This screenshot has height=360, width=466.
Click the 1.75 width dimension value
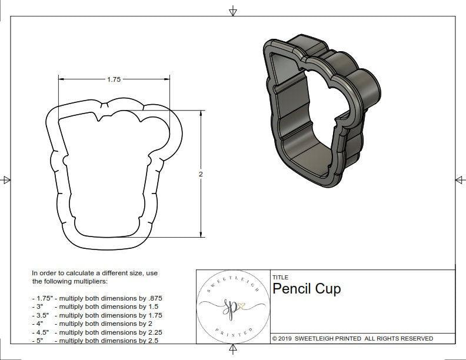(114, 80)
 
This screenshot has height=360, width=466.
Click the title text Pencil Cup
(306, 289)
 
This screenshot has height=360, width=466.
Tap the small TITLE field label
(280, 277)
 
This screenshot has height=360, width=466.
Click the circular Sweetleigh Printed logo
(232, 306)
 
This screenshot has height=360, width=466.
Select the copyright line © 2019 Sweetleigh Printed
(352, 338)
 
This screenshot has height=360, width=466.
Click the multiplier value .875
(153, 298)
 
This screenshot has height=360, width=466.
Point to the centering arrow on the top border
(233, 11)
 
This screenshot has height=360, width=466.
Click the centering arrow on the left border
(6, 180)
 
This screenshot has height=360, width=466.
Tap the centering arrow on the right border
(460, 180)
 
